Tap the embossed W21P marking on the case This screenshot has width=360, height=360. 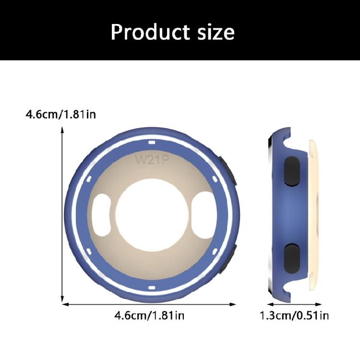click(152, 159)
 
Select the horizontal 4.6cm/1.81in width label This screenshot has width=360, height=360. click(149, 316)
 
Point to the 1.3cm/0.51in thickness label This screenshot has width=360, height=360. click(294, 316)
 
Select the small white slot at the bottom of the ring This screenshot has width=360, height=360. click(151, 288)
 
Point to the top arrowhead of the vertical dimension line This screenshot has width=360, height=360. click(63, 130)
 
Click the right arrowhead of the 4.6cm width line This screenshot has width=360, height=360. click(234, 304)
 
